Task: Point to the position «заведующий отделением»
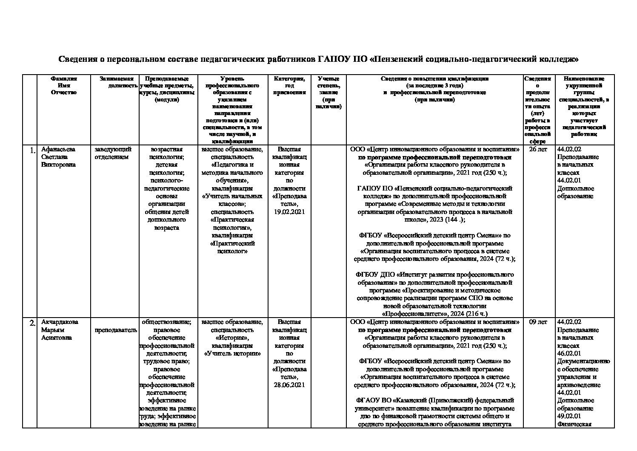point(113,153)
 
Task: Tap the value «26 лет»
point(538,149)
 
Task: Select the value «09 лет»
point(538,322)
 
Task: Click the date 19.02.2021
point(289,212)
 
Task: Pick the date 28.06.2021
point(289,385)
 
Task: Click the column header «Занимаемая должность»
point(116,82)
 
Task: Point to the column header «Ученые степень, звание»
point(328,93)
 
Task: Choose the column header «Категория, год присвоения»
point(289,85)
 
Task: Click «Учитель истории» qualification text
point(232,353)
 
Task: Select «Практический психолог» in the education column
point(232,247)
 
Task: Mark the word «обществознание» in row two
point(166,322)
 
